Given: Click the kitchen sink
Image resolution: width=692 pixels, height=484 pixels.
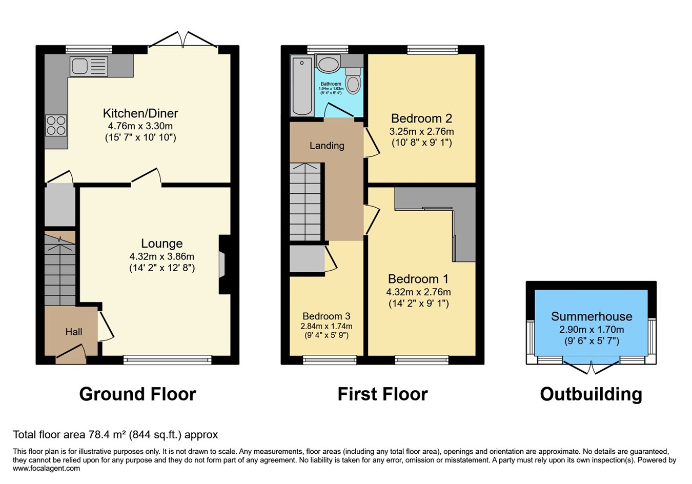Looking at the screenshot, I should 89,66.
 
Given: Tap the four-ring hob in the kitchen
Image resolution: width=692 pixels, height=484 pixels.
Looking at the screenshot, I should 56,125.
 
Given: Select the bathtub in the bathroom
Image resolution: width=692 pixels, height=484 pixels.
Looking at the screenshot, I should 301,86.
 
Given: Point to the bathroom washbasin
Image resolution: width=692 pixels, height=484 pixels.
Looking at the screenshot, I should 328,65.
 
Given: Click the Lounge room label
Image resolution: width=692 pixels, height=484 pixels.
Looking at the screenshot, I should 162,244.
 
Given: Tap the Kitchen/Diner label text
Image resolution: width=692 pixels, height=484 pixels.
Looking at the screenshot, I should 140,113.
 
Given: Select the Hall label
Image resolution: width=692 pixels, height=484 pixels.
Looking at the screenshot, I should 74,332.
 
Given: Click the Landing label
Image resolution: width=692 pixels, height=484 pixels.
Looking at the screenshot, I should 327,146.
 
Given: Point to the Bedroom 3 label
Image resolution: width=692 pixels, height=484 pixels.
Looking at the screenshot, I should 327,316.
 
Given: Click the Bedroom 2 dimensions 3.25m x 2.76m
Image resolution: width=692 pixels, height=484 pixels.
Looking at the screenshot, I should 421,131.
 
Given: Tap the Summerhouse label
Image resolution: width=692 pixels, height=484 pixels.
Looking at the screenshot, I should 592,316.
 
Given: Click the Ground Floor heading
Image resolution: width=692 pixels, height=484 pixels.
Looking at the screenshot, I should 137,394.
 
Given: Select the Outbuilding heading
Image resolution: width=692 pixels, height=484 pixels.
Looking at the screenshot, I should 591,394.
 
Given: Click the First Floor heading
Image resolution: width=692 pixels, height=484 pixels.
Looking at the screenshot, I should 382,394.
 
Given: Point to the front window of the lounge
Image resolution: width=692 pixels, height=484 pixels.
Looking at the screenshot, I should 168,360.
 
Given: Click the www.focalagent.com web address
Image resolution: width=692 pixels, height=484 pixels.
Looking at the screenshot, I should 46,468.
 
